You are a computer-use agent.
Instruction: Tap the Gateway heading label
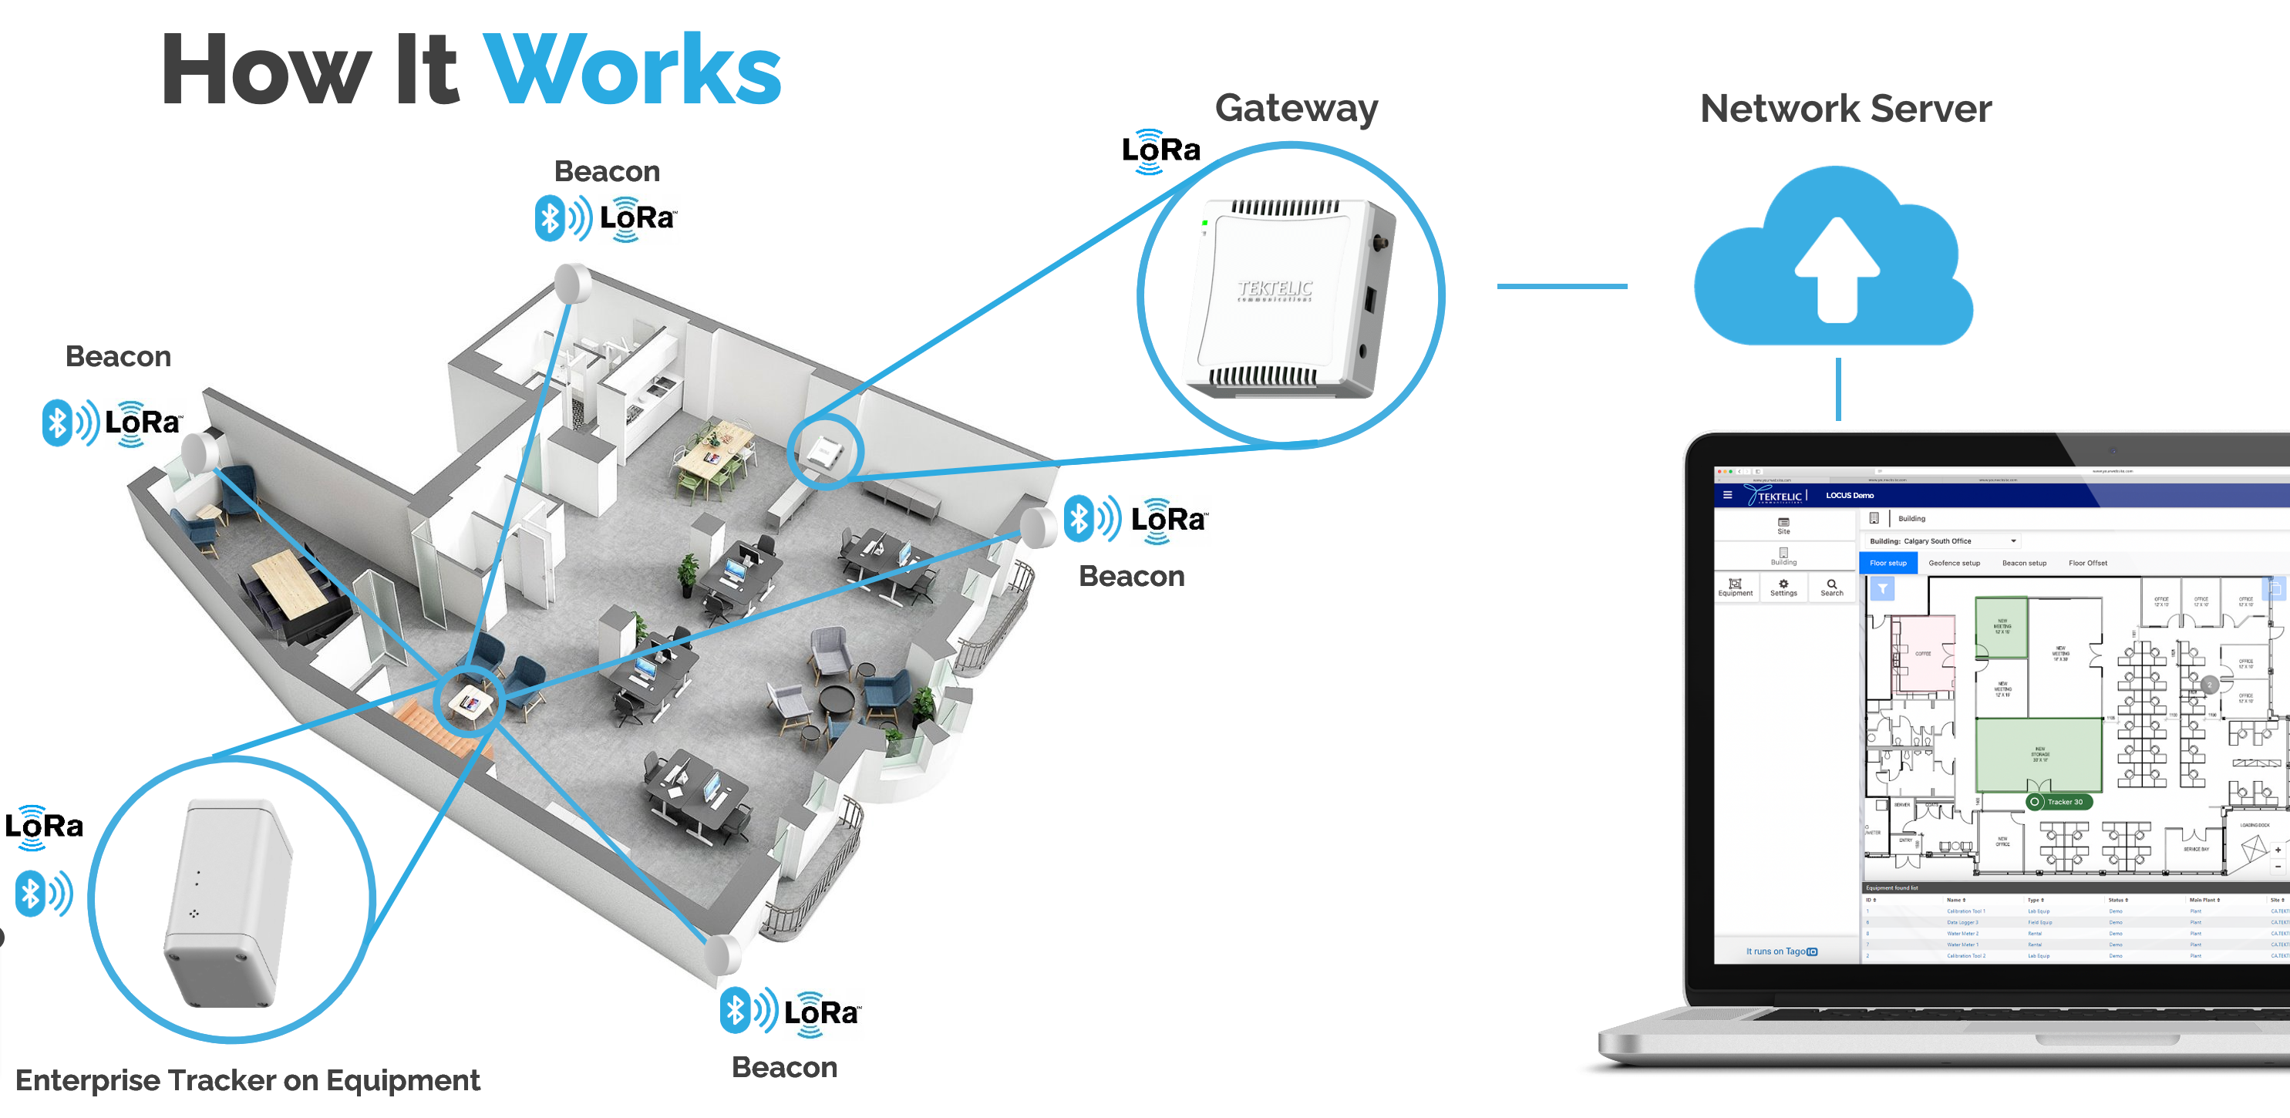point(1295,109)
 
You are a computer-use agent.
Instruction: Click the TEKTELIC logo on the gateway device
point(1275,290)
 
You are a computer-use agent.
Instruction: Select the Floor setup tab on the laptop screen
point(1888,563)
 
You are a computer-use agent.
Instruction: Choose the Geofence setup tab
point(1953,563)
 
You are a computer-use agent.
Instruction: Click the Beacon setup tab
point(2023,563)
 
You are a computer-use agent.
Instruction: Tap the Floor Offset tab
point(2087,563)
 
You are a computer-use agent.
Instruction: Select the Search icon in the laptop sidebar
point(1831,588)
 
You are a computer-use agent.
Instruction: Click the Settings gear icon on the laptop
point(1783,588)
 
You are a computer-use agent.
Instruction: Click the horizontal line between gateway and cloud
point(1561,286)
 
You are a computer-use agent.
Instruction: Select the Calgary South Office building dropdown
point(1942,540)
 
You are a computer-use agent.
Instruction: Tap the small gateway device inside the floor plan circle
point(824,452)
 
